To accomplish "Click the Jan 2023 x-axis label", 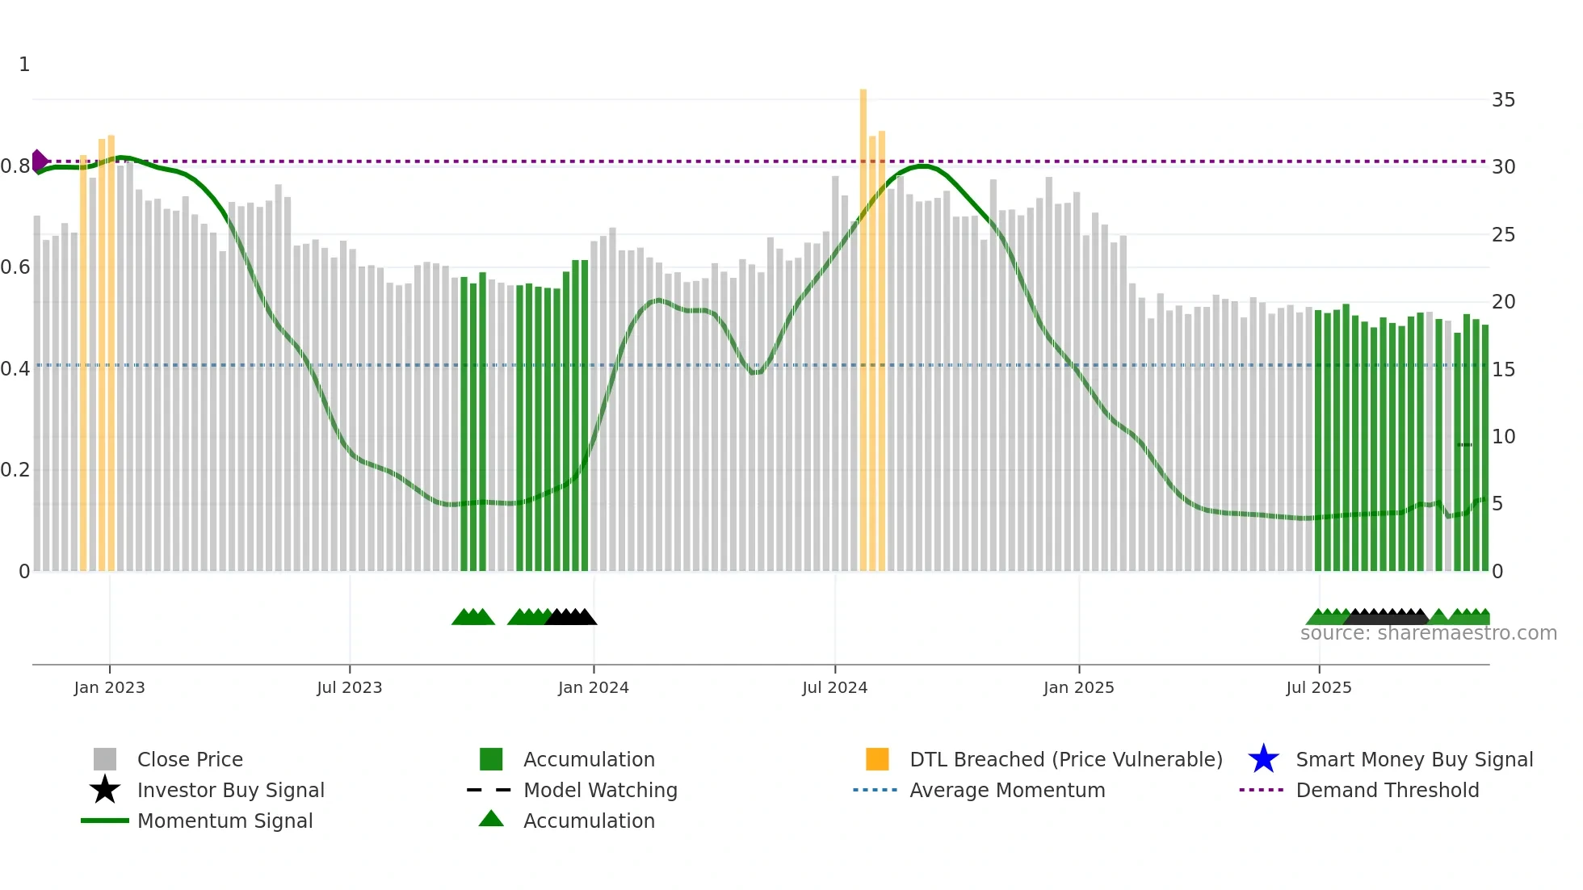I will click(109, 688).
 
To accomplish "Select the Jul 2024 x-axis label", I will click(834, 688).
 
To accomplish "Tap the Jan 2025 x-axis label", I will click(1078, 688).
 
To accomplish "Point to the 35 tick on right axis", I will click(1503, 100).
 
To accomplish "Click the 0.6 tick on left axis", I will click(15, 267).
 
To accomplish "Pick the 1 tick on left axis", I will click(24, 65).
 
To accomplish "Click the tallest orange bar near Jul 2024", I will click(863, 323).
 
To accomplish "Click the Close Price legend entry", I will click(190, 760).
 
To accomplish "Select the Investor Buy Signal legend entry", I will click(230, 791).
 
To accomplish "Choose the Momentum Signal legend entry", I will click(225, 821).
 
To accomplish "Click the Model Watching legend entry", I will click(600, 791).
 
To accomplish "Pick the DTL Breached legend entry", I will click(1065, 760).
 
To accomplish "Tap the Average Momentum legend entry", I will click(1006, 791).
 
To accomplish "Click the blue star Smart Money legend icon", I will click(1263, 760).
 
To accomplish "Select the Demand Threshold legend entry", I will click(1387, 791).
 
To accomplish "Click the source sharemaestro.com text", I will click(1428, 633).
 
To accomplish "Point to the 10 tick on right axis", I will click(1503, 437).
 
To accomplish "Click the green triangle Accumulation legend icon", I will click(491, 820).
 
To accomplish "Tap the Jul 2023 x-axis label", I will click(349, 688).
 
